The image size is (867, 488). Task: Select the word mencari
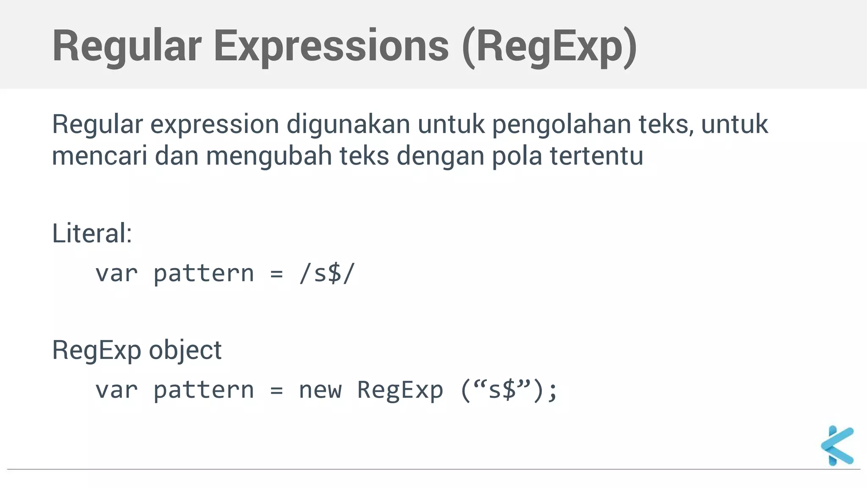point(99,155)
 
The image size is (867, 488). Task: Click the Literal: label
point(92,233)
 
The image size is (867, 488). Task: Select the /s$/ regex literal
point(326,273)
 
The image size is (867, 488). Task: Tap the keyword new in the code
point(320,390)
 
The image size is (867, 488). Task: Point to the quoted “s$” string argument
point(502,390)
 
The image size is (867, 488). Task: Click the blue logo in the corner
point(837,446)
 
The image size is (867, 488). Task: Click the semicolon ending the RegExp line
point(552,391)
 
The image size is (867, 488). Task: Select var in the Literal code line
point(116,273)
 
